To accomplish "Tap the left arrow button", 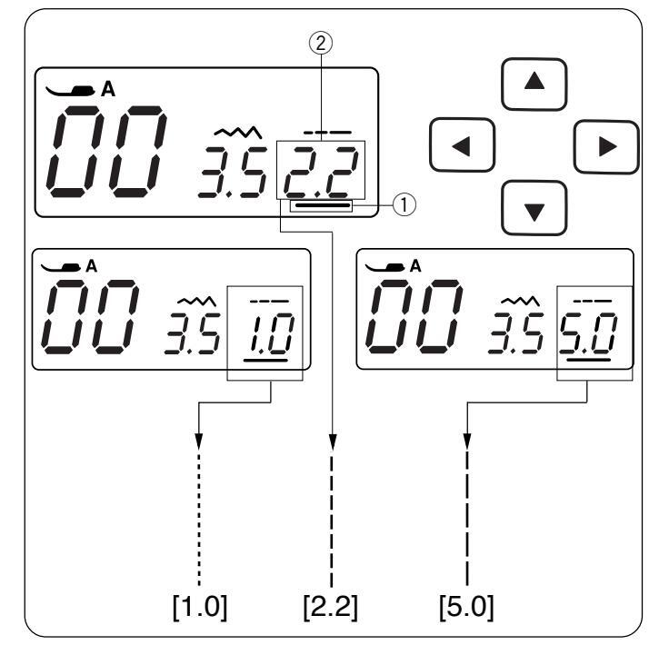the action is point(461,146).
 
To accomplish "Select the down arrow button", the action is point(534,209).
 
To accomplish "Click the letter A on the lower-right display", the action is point(415,265).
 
